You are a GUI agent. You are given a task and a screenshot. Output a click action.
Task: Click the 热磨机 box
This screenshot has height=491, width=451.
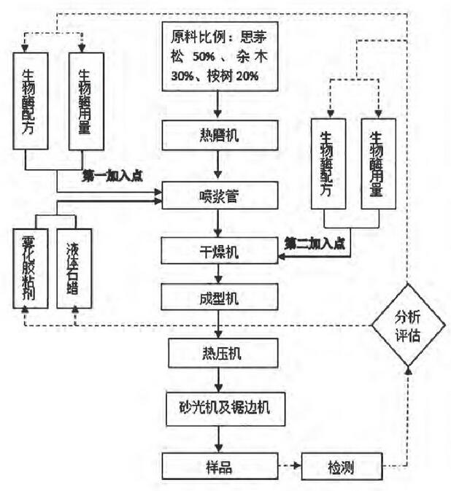pyautogui.click(x=220, y=135)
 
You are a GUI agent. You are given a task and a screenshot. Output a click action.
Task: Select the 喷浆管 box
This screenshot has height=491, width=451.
pyautogui.click(x=220, y=196)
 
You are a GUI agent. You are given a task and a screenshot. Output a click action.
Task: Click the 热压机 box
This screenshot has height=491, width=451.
pyautogui.click(x=220, y=355)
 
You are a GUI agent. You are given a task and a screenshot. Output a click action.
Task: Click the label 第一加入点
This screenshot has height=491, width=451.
pyautogui.click(x=113, y=176)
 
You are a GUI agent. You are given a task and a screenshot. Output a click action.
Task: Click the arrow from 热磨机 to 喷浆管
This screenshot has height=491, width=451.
pyautogui.click(x=220, y=166)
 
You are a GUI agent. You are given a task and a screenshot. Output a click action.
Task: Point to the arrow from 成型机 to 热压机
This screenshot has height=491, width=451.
pyautogui.click(x=220, y=325)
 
